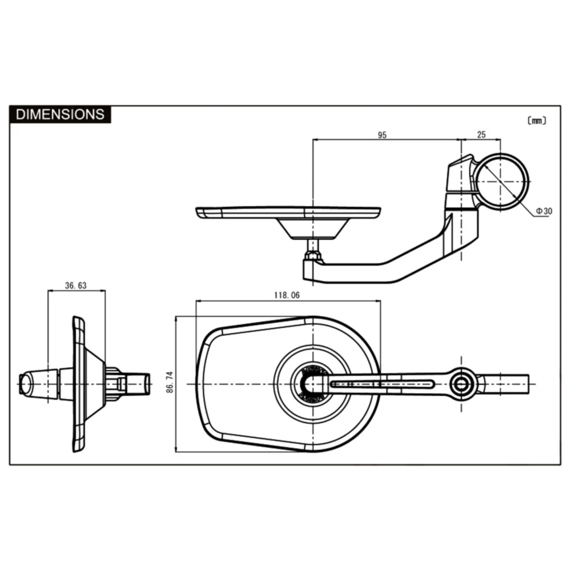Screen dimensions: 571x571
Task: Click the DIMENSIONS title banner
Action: click(x=60, y=114)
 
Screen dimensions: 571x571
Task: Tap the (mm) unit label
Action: click(x=536, y=120)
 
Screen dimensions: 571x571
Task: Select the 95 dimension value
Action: click(x=382, y=135)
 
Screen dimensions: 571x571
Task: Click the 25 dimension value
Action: click(x=481, y=135)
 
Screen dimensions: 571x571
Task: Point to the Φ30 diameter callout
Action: click(x=544, y=211)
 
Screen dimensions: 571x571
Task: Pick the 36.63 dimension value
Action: click(x=75, y=285)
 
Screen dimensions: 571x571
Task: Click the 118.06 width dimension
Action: click(x=287, y=295)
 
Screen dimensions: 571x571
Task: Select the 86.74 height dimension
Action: click(x=170, y=384)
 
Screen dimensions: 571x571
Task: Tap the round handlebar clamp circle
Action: click(x=501, y=182)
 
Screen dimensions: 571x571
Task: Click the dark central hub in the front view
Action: click(x=311, y=384)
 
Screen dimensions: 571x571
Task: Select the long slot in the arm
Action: click(x=383, y=384)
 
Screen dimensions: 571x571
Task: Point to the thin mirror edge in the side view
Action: click(x=78, y=384)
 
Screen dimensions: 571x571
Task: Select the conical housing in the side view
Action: click(x=95, y=384)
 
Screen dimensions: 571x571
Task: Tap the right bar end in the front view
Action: click(x=508, y=384)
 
